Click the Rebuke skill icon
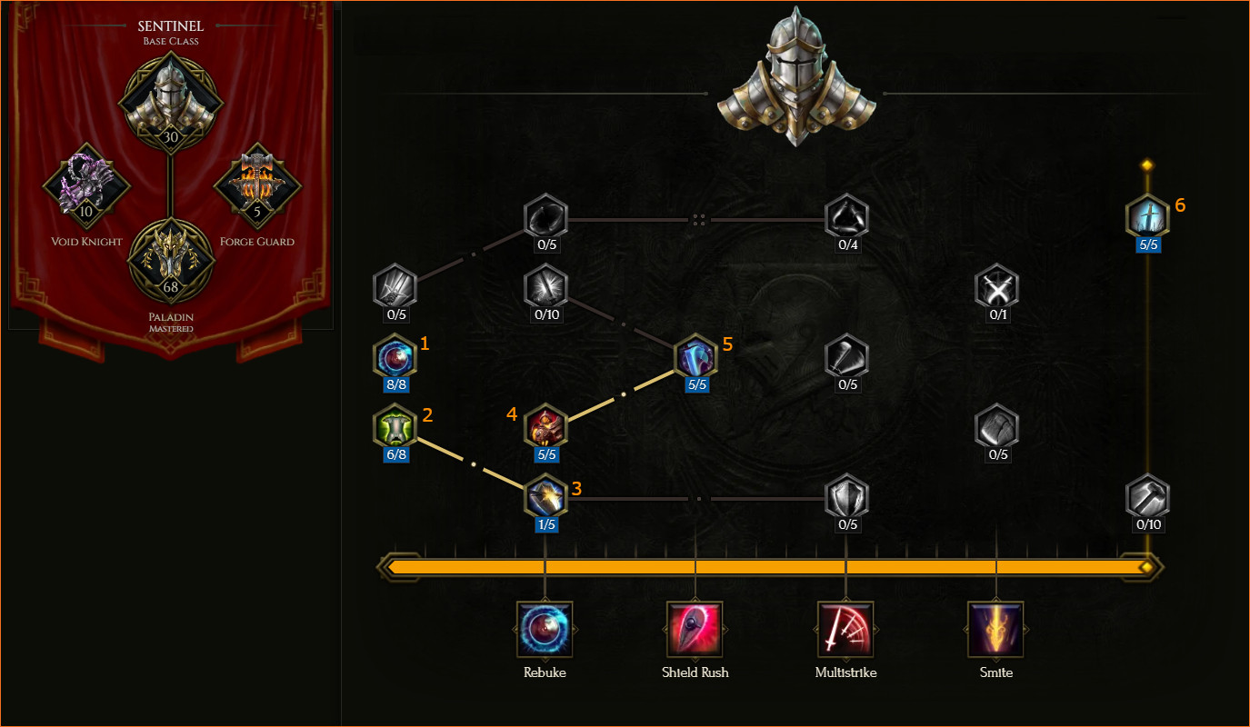click(x=545, y=630)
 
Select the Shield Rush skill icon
click(x=695, y=630)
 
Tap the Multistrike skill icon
click(x=845, y=630)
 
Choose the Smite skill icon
click(x=996, y=630)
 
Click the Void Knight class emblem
click(x=86, y=185)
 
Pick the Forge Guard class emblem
click(x=257, y=185)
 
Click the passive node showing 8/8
click(x=395, y=357)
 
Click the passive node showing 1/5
click(x=545, y=497)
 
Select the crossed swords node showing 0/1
click(x=997, y=287)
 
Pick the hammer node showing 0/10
click(x=1148, y=497)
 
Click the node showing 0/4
click(x=846, y=217)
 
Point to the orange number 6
click(x=1180, y=205)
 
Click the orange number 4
click(x=512, y=414)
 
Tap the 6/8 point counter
click(x=396, y=454)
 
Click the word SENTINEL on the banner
click(x=171, y=26)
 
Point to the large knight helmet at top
click(x=796, y=77)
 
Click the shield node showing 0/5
click(x=846, y=497)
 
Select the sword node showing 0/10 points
click(x=545, y=287)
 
